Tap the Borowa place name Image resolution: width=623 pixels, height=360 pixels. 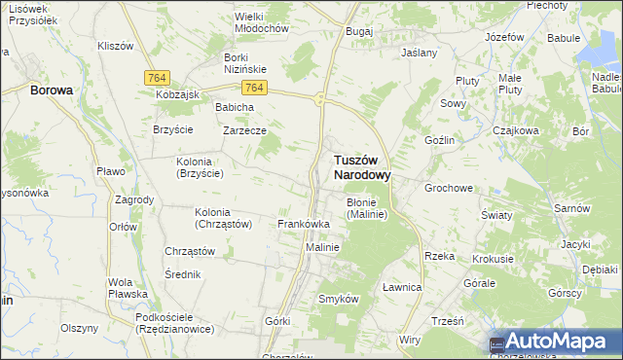pyautogui.click(x=52, y=90)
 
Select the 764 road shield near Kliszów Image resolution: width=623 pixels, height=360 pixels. pyautogui.click(x=156, y=77)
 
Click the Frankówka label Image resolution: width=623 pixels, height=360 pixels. pyautogui.click(x=304, y=224)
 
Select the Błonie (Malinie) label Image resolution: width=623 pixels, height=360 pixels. pyautogui.click(x=367, y=208)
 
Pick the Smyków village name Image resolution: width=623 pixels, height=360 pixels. pyautogui.click(x=339, y=299)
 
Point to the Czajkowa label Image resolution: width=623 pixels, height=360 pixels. pyautogui.click(x=516, y=129)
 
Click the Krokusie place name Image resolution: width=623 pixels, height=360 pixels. pyautogui.click(x=493, y=260)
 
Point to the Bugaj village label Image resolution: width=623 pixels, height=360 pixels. pyautogui.click(x=359, y=31)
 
